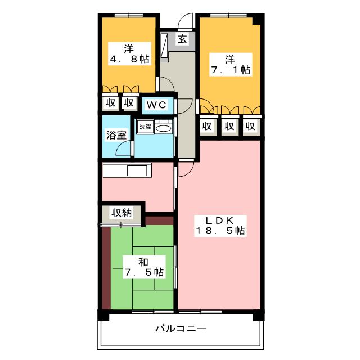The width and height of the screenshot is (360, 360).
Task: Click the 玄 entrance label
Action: [183, 39]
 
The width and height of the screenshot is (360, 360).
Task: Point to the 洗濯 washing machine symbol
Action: [145, 127]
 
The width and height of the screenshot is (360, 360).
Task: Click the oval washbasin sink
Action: [164, 129]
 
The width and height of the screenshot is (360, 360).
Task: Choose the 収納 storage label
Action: [121, 213]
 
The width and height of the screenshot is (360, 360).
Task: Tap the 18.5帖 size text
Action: [220, 231]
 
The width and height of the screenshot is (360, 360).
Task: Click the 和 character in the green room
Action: [144, 260]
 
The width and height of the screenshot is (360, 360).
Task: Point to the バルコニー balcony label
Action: [181, 328]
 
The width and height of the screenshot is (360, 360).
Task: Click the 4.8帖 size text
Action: [129, 58]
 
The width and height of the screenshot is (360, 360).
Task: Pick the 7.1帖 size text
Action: [230, 70]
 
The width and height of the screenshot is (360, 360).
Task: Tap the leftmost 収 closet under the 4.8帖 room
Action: [110, 103]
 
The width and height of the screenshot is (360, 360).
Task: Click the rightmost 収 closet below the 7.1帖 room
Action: [250, 126]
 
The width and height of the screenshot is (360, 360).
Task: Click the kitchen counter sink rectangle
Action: [137, 171]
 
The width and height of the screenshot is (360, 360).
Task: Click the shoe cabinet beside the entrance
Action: [164, 45]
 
